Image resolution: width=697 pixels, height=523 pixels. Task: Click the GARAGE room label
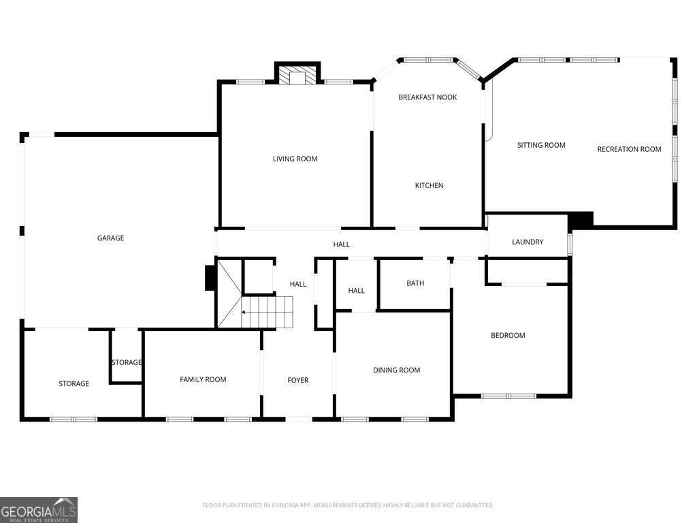(x=110, y=238)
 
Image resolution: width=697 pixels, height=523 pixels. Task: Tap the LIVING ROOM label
(x=295, y=159)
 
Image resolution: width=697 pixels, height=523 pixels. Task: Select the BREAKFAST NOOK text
(x=427, y=97)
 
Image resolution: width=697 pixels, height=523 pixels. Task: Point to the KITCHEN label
(x=429, y=185)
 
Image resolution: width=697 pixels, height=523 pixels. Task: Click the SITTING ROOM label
(x=541, y=145)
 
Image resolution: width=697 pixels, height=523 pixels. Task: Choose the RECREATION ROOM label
(x=629, y=149)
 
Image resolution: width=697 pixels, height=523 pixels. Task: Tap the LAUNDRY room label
(x=528, y=242)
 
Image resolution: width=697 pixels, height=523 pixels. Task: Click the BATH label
(x=415, y=283)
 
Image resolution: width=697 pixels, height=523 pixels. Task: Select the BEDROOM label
(x=508, y=335)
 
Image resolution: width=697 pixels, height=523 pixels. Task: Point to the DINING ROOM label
(x=397, y=370)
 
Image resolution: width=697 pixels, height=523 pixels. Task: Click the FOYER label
(x=298, y=380)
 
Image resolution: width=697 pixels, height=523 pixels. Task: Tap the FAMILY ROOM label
(x=203, y=379)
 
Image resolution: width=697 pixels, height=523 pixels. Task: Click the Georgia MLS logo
(x=39, y=510)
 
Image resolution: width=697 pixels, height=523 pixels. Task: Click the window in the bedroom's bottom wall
(x=509, y=396)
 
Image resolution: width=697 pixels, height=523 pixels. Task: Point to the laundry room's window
(x=570, y=244)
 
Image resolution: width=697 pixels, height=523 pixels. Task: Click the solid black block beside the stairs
(x=210, y=278)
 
